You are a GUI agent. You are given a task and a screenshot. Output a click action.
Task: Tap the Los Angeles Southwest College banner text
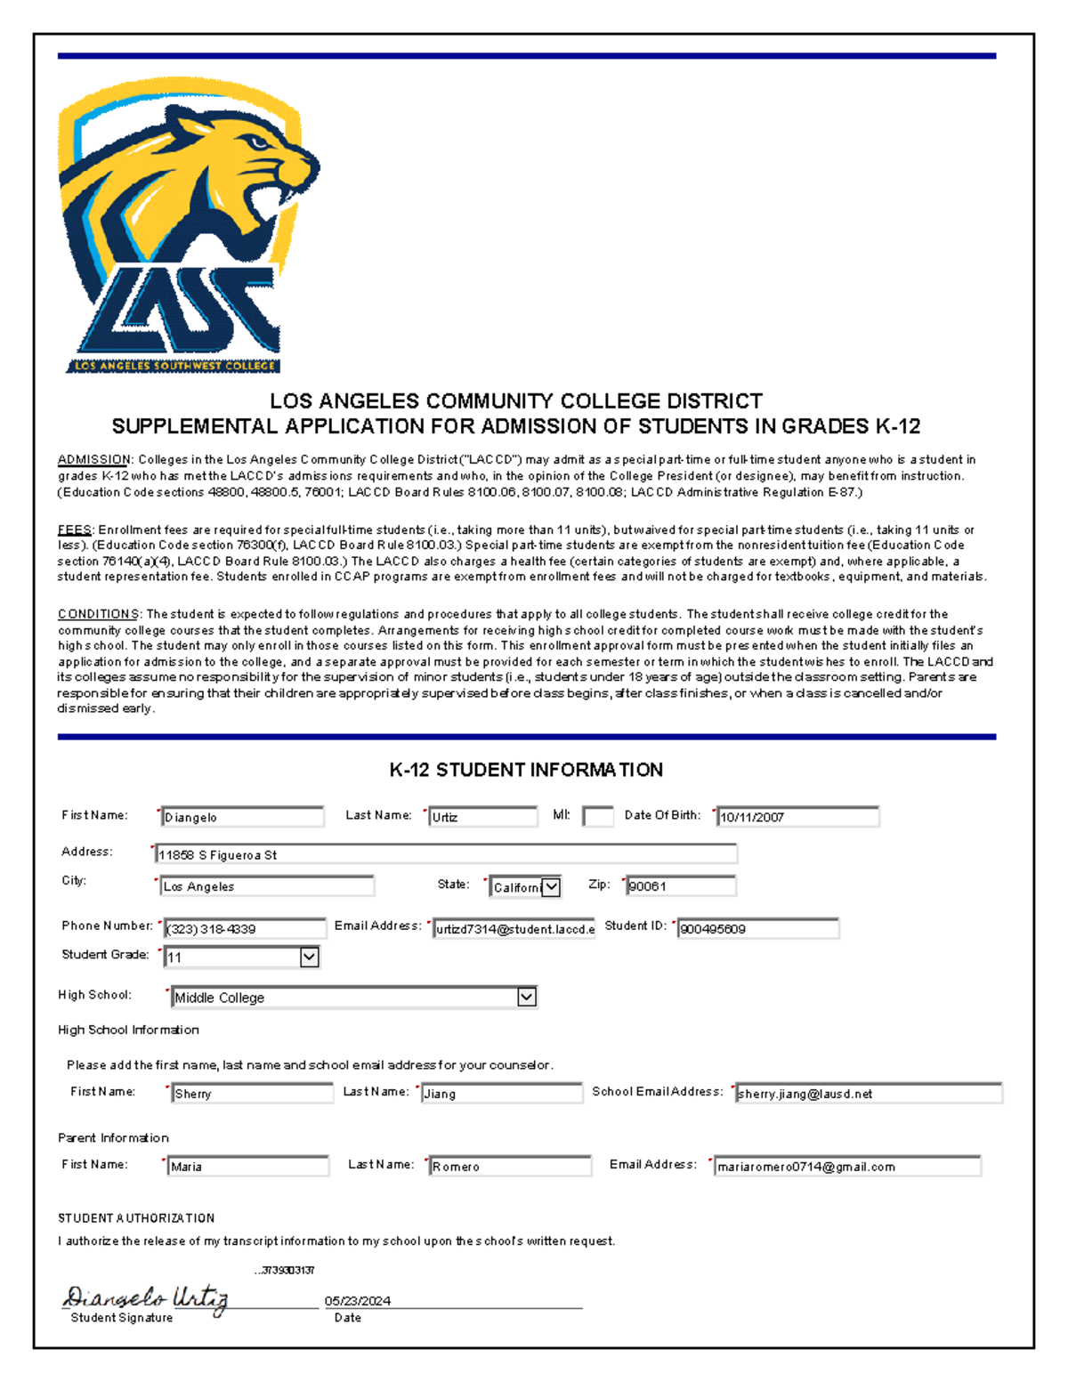pyautogui.click(x=174, y=366)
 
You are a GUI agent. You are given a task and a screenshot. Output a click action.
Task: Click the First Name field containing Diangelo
pyautogui.click(x=242, y=817)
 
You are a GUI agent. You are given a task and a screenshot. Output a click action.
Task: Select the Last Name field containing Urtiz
pyautogui.click(x=482, y=817)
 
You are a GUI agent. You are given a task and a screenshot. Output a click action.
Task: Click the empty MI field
pyautogui.click(x=598, y=816)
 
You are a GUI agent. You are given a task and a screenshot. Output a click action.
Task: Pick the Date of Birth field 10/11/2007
pyautogui.click(x=797, y=817)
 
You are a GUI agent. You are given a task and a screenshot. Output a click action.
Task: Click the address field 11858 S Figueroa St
pyautogui.click(x=445, y=854)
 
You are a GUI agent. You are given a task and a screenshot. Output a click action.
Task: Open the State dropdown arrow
pyautogui.click(x=552, y=886)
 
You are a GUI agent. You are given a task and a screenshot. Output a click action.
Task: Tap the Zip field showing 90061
pyautogui.click(x=680, y=886)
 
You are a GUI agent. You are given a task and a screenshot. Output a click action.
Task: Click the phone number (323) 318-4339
pyautogui.click(x=244, y=929)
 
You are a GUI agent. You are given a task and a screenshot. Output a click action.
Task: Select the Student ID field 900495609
pyautogui.click(x=757, y=929)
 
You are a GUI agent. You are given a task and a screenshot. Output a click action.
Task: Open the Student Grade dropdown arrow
pyautogui.click(x=309, y=958)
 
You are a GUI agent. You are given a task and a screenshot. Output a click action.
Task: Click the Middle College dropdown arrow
pyautogui.click(x=526, y=997)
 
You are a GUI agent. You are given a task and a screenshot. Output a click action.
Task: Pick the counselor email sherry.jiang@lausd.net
pyautogui.click(x=868, y=1094)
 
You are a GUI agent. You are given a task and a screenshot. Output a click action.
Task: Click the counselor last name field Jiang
pyautogui.click(x=501, y=1094)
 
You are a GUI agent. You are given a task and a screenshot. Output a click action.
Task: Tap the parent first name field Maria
pyautogui.click(x=247, y=1166)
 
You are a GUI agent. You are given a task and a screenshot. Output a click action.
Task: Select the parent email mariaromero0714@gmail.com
pyautogui.click(x=846, y=1167)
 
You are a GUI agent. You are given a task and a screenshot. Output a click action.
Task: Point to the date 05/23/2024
pyautogui.click(x=358, y=1301)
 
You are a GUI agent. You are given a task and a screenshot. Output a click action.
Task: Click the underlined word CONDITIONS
pyautogui.click(x=98, y=614)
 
